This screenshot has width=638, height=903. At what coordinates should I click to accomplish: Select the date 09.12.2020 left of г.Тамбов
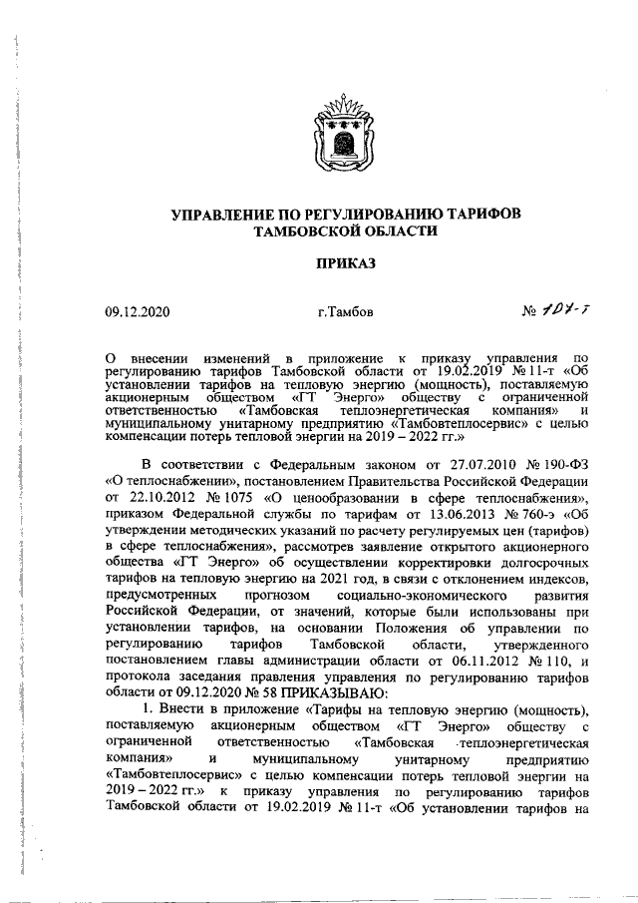138,312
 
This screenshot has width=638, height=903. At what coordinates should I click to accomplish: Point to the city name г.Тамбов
346,312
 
